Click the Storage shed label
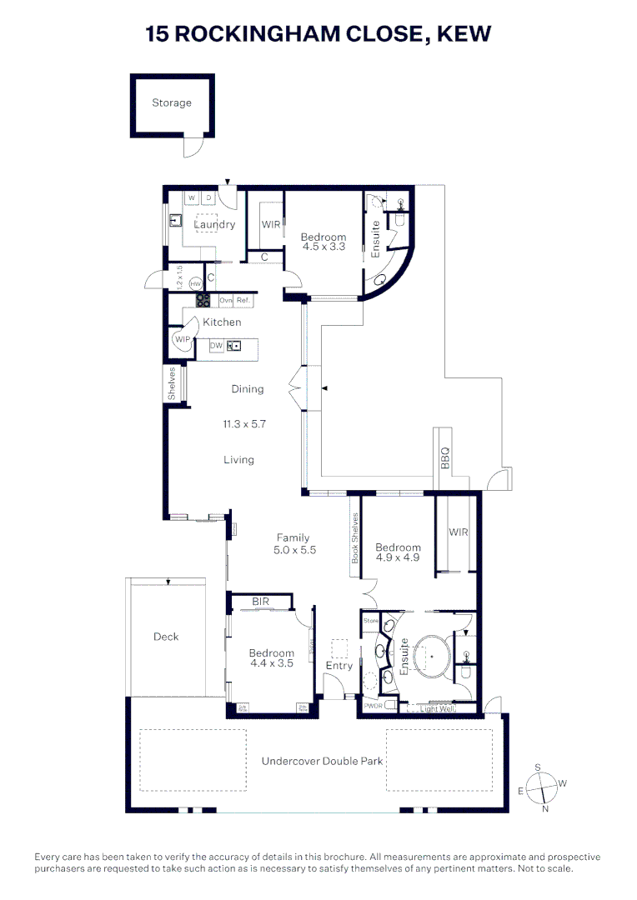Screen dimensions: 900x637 pos(172,103)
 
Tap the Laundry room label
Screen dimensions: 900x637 pos(214,224)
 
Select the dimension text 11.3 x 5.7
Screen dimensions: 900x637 pos(244,424)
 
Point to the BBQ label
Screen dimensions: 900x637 pos(444,457)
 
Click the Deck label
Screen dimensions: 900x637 pos(166,637)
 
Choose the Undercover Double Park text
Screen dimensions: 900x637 pos(322,761)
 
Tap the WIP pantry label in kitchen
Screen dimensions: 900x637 pos(182,339)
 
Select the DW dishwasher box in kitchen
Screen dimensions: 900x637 pos(216,345)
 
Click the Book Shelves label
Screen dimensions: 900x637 pos(354,538)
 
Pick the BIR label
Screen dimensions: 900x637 pos(261,601)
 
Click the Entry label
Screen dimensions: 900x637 pos(339,666)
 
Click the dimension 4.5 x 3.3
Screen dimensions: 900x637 pos(324,247)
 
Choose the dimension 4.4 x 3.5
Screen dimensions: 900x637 pos(271,664)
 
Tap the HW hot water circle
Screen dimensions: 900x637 pos(197,284)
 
